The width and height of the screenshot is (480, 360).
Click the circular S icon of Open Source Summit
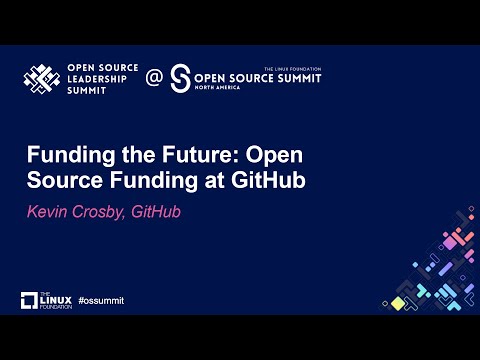(x=181, y=79)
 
